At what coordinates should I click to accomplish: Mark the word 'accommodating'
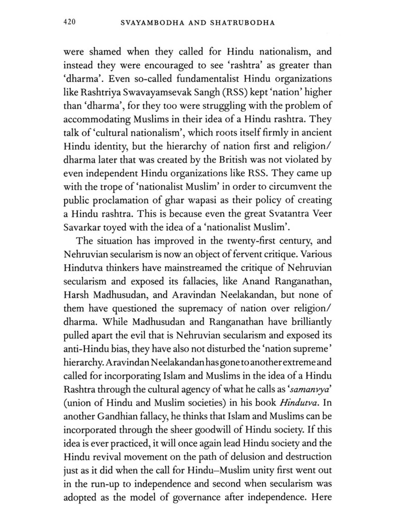tap(97, 119)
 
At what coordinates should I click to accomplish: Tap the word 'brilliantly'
tap(311, 322)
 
